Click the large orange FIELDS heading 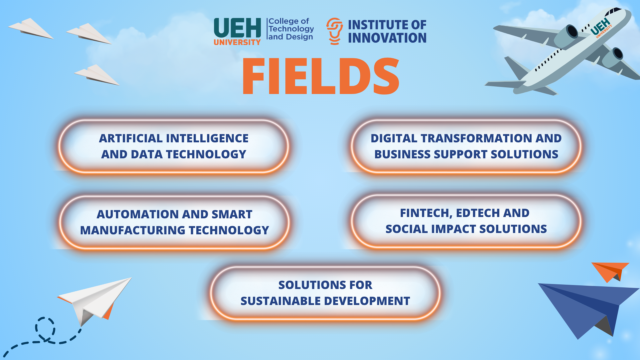click(321, 76)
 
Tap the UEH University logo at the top click(237, 31)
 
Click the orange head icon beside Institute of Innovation click(335, 31)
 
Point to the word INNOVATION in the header click(387, 38)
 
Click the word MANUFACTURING click(133, 230)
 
